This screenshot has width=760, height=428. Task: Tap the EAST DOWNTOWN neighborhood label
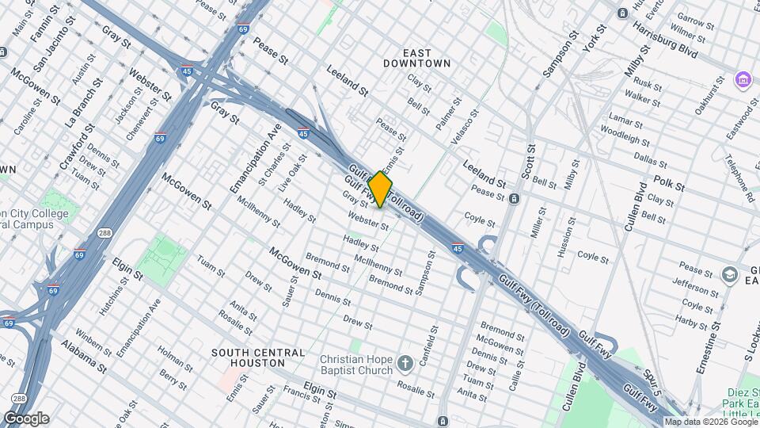click(x=416, y=56)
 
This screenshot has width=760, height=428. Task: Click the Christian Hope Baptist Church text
click(x=356, y=365)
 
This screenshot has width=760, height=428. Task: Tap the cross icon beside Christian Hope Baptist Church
click(x=405, y=364)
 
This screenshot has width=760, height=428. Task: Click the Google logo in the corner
click(x=26, y=418)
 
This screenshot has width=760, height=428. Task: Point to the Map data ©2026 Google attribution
click(x=711, y=422)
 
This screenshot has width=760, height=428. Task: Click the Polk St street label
click(x=669, y=184)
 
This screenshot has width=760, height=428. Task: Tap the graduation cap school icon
click(x=729, y=274)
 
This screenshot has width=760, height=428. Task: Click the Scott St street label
click(x=530, y=162)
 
